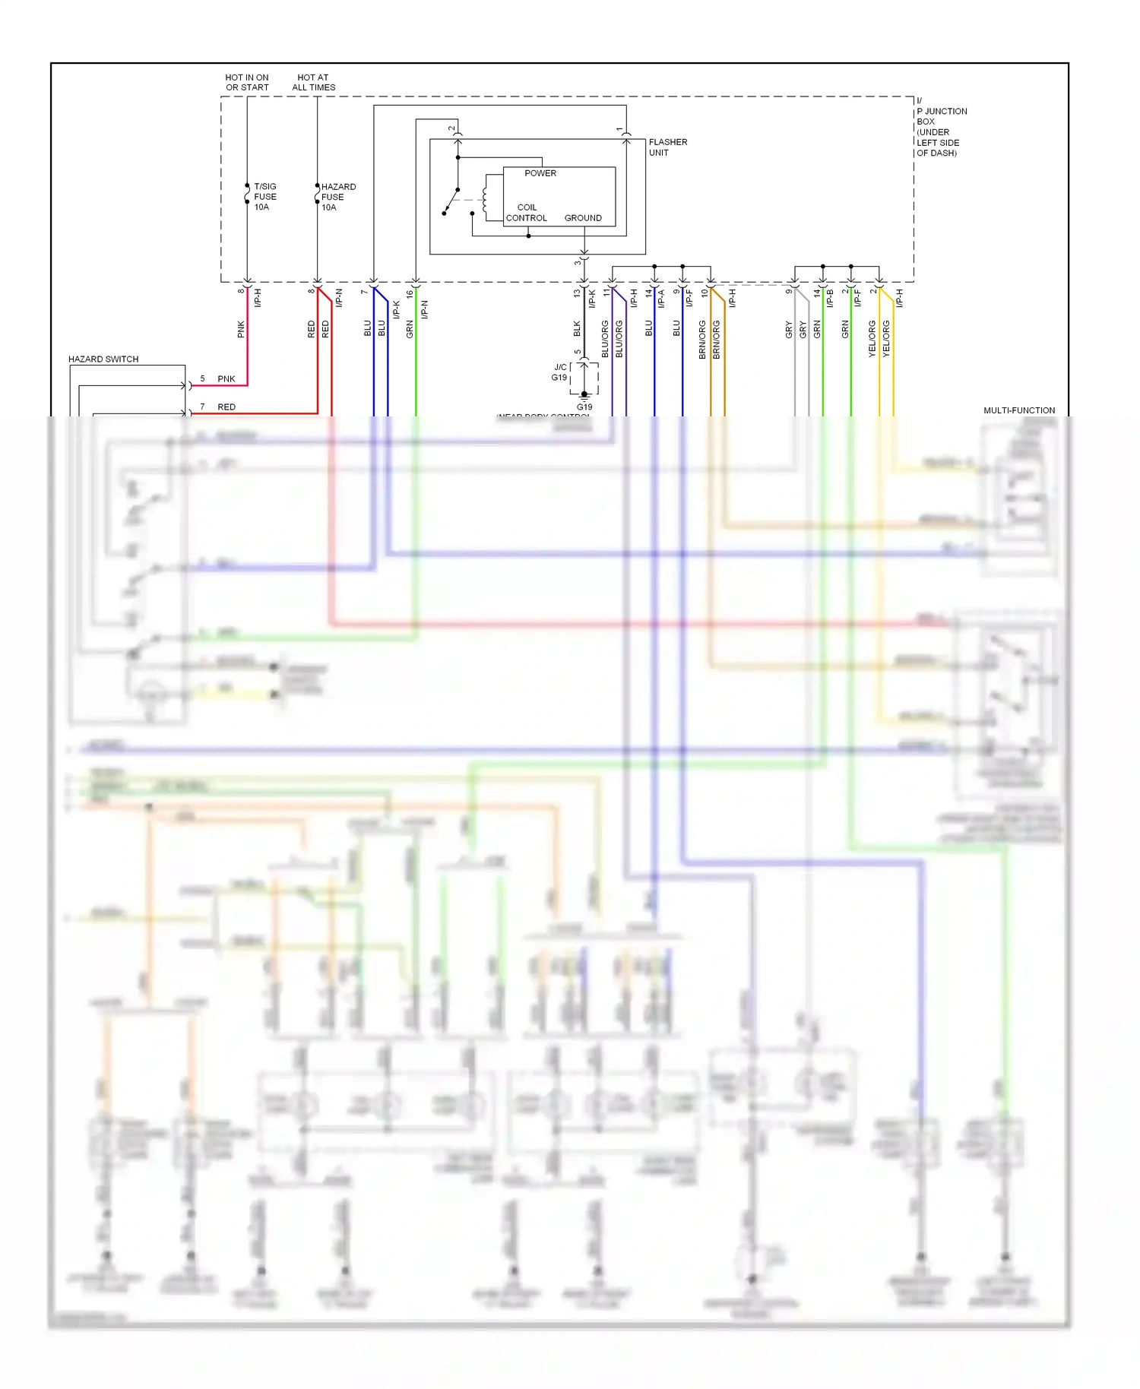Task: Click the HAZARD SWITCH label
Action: pyautogui.click(x=103, y=359)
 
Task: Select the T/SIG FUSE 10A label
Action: pyautogui.click(x=264, y=197)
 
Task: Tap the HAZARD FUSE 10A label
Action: pyautogui.click(x=337, y=197)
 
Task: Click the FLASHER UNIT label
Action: pyautogui.click(x=667, y=147)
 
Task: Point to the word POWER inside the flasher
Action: pyautogui.click(x=540, y=173)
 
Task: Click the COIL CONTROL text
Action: pyautogui.click(x=526, y=213)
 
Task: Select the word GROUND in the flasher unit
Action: pyautogui.click(x=582, y=218)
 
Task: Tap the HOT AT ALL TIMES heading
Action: pyautogui.click(x=313, y=82)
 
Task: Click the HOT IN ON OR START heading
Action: pyautogui.click(x=247, y=82)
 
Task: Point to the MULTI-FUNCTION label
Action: pyautogui.click(x=1018, y=410)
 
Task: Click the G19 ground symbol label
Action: pyautogui.click(x=584, y=407)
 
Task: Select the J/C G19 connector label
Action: pyautogui.click(x=559, y=372)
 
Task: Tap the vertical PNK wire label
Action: pyautogui.click(x=241, y=329)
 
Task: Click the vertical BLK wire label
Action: pyautogui.click(x=577, y=329)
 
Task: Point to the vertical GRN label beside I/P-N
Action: pyautogui.click(x=410, y=329)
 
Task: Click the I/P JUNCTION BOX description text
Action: pyautogui.click(x=941, y=127)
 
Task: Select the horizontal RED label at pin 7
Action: pyautogui.click(x=226, y=407)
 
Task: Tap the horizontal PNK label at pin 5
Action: pyautogui.click(x=226, y=378)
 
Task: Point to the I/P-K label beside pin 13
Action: pyautogui.click(x=592, y=299)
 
